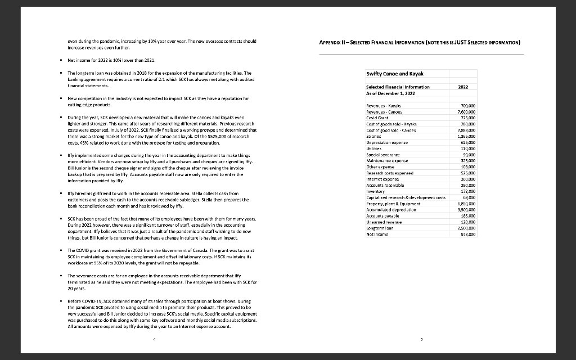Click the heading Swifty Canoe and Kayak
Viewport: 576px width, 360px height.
pos(394,74)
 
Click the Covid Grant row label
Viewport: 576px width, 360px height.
pos(379,117)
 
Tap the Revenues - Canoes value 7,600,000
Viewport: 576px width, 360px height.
pos(466,111)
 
